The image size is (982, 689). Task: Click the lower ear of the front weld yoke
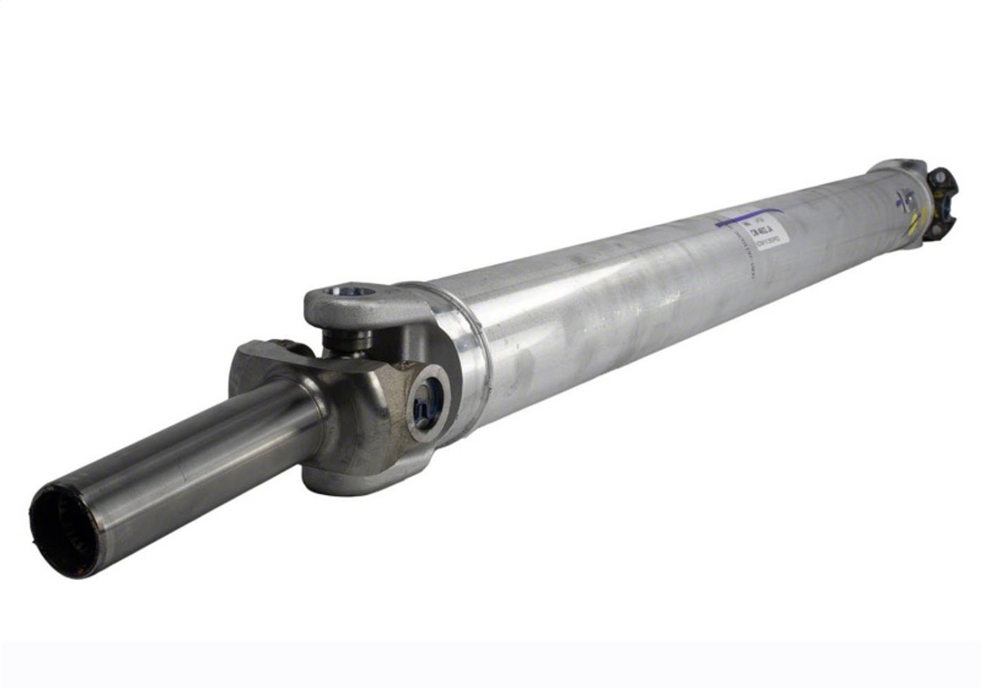[361, 480]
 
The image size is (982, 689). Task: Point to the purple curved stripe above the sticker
[748, 216]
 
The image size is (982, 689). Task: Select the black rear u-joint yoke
[941, 202]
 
